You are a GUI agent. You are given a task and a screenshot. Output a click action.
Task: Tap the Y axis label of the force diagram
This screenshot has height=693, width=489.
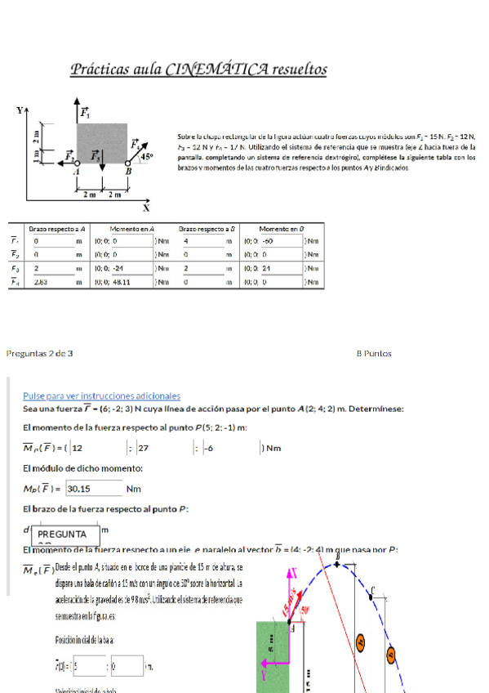coord(20,110)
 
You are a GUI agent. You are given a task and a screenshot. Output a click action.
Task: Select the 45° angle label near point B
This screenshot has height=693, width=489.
coord(147,155)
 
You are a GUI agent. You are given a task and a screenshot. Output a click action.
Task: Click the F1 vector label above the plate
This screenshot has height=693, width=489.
coord(85,111)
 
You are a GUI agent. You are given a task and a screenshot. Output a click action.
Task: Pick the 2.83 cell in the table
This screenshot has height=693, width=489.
coord(42,281)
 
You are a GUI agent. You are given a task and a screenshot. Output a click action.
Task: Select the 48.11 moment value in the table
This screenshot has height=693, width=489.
coord(122,281)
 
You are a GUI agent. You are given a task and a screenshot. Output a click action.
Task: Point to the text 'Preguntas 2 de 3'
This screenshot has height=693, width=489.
coord(39,353)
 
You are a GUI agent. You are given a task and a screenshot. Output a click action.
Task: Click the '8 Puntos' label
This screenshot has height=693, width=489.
coord(374,353)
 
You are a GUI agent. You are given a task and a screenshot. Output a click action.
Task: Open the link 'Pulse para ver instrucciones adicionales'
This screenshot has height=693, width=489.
coord(101,396)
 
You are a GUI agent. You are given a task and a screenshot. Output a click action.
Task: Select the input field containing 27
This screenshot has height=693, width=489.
coord(163,448)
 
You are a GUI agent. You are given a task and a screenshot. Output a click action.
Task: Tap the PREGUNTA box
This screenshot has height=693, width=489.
coord(67,534)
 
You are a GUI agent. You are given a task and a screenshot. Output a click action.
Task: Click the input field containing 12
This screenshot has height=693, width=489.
coord(98,448)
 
